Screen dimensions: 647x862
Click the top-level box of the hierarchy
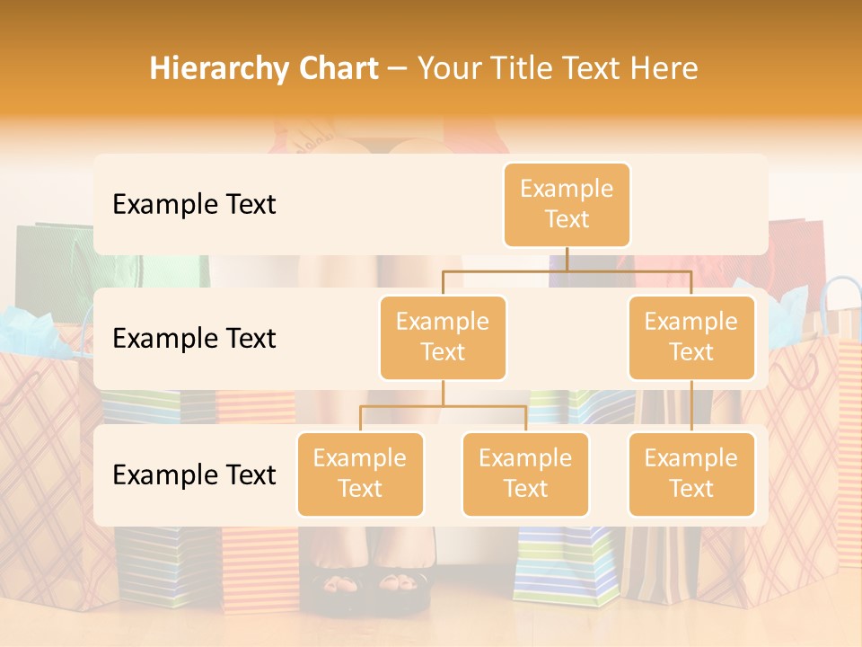click(x=567, y=205)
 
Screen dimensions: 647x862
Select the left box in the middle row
click(x=443, y=337)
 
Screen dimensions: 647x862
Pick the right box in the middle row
click(x=691, y=337)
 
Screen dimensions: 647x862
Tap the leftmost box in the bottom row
click(x=360, y=474)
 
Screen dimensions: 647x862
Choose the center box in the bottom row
click(x=525, y=474)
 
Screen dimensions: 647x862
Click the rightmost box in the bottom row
click(x=691, y=474)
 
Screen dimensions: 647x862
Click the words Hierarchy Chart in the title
click(x=264, y=69)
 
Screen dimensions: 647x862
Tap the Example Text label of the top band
click(x=194, y=205)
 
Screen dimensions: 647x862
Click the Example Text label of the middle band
click(x=194, y=339)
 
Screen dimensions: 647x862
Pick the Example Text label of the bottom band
click(x=194, y=474)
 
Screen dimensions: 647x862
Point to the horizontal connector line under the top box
click(x=567, y=270)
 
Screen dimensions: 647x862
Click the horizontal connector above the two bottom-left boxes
click(x=443, y=406)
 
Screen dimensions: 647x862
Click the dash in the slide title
click(x=397, y=69)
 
